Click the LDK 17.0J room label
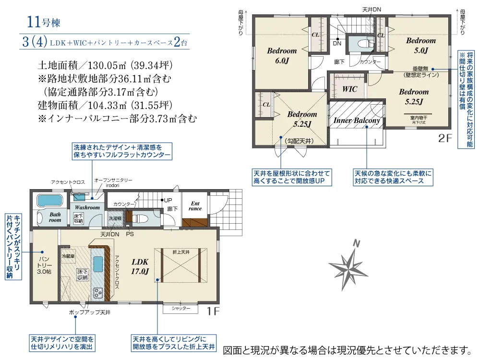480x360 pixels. [140, 266]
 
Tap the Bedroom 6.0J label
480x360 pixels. [282, 55]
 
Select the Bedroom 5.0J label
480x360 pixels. [421, 45]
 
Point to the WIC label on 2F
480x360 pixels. [349, 89]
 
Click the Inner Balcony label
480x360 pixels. [357, 120]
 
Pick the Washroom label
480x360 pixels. [87, 207]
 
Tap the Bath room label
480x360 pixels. [55, 217]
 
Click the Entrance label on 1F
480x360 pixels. [195, 206]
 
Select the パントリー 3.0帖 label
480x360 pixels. [44, 265]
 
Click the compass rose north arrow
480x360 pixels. [348, 266]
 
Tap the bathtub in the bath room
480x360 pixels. [49, 201]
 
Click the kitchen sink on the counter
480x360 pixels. [98, 264]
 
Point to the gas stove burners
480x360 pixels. [98, 293]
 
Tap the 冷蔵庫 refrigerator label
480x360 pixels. [68, 256]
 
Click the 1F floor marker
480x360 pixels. [213, 311]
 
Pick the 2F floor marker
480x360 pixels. [445, 138]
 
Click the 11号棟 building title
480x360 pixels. [44, 22]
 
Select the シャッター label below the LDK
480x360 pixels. [180, 308]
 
